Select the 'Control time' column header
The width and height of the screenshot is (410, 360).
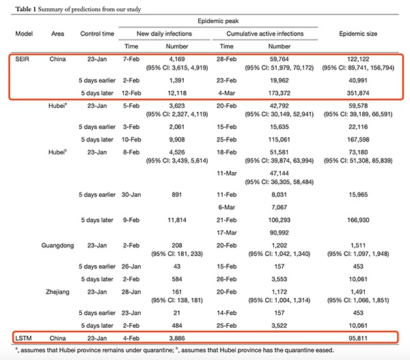96,32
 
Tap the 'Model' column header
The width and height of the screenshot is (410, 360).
24,32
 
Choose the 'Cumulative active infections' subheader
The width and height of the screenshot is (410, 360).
263,32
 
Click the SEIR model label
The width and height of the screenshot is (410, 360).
23,60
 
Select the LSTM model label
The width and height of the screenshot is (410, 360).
23,337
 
